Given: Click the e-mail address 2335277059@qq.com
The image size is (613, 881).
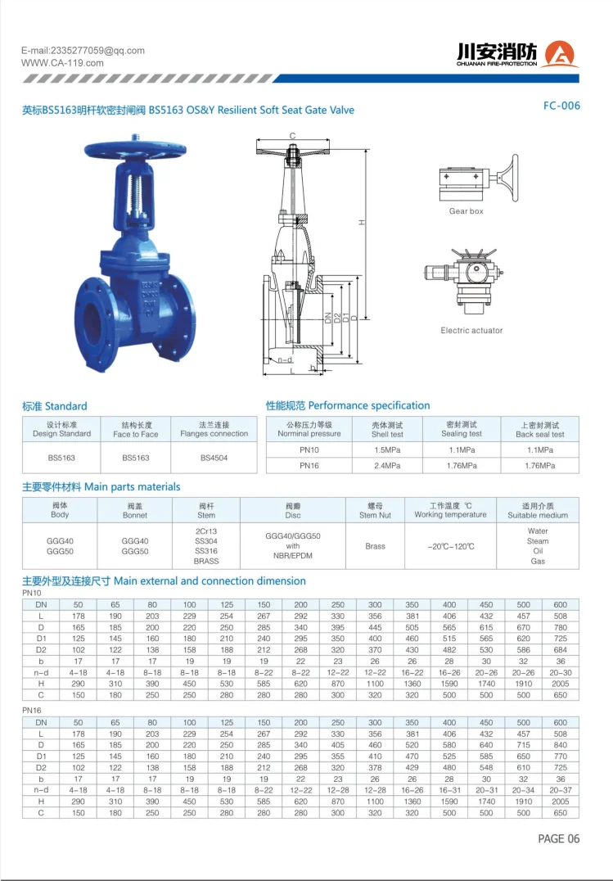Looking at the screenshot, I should tap(83, 51).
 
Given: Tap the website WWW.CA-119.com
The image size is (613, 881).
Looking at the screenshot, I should tap(62, 63).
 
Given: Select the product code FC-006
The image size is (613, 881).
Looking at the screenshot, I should tap(561, 106).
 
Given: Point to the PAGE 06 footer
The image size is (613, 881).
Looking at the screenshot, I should tap(558, 838).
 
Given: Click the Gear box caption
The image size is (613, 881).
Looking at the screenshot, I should tap(466, 211).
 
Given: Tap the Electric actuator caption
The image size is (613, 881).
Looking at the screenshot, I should tap(471, 331).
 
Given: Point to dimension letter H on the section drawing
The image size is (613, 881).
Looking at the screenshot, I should tap(361, 222).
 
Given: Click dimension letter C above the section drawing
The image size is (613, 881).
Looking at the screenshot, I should tap(292, 136).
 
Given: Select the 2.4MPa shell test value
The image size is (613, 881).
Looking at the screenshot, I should tap(387, 465).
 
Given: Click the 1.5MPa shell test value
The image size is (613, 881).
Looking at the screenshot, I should tap(387, 450).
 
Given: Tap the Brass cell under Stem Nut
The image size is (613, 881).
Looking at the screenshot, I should tap(375, 546).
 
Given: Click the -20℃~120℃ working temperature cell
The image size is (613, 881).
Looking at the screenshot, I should tap(450, 546).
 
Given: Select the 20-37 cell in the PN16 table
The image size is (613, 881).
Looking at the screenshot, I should tap(560, 790).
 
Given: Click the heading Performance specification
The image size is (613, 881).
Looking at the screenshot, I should tap(348, 405).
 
